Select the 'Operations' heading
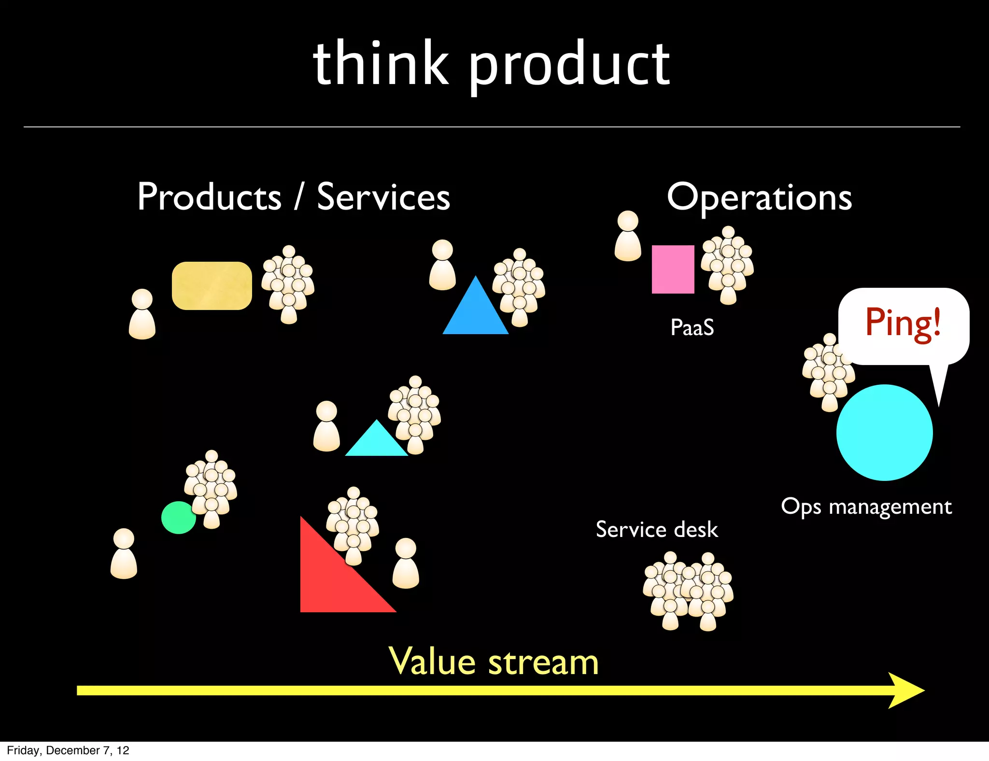[759, 198]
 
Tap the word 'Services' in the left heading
[383, 197]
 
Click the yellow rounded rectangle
[212, 286]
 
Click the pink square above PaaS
[673, 269]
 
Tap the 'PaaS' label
[692, 327]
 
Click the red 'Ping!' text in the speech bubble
[903, 323]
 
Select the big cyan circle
[884, 432]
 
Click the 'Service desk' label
[656, 530]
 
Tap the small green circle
[178, 518]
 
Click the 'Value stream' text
[494, 662]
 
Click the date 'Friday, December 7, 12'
[68, 750]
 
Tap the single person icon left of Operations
[628, 236]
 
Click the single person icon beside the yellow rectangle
[142, 314]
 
